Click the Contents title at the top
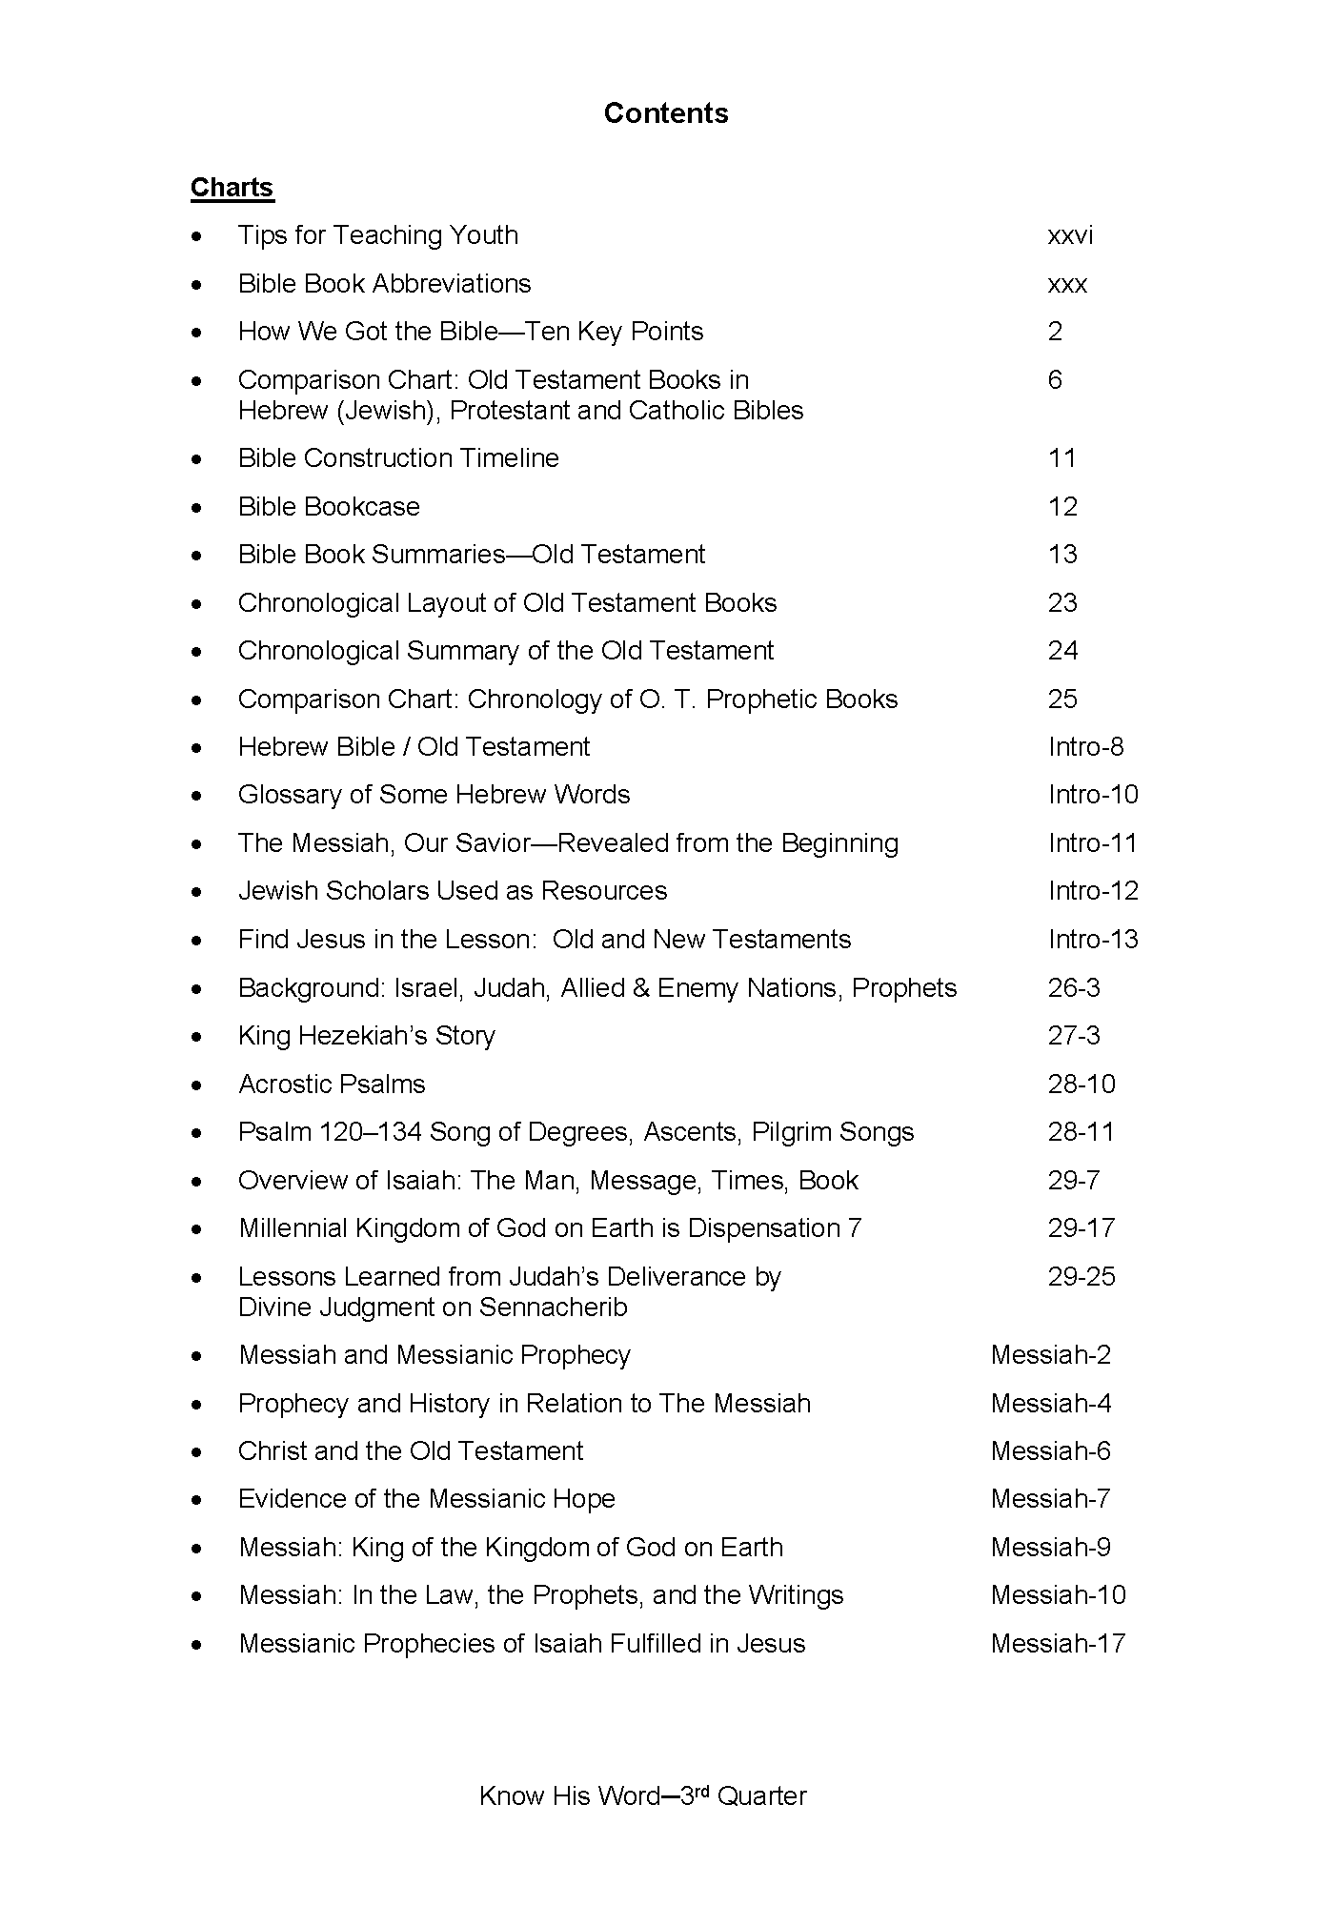[x=666, y=113]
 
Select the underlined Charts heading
[x=232, y=188]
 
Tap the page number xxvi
[x=1070, y=235]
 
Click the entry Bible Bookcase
[x=329, y=507]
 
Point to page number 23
[x=1062, y=603]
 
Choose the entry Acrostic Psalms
[x=332, y=1085]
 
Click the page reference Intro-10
[x=1093, y=795]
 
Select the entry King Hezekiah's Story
[x=367, y=1036]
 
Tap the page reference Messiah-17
[x=1058, y=1644]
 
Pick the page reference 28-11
[x=1081, y=1132]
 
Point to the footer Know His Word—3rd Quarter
[x=643, y=1796]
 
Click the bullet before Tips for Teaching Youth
[x=197, y=236]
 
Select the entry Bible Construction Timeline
[x=398, y=458]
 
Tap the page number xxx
[x=1067, y=284]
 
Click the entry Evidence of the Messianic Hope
[x=427, y=1499]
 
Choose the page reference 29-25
[x=1081, y=1277]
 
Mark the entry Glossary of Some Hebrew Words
[x=434, y=795]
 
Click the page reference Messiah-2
[x=1051, y=1355]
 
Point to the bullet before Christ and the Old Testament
[x=197, y=1452]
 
